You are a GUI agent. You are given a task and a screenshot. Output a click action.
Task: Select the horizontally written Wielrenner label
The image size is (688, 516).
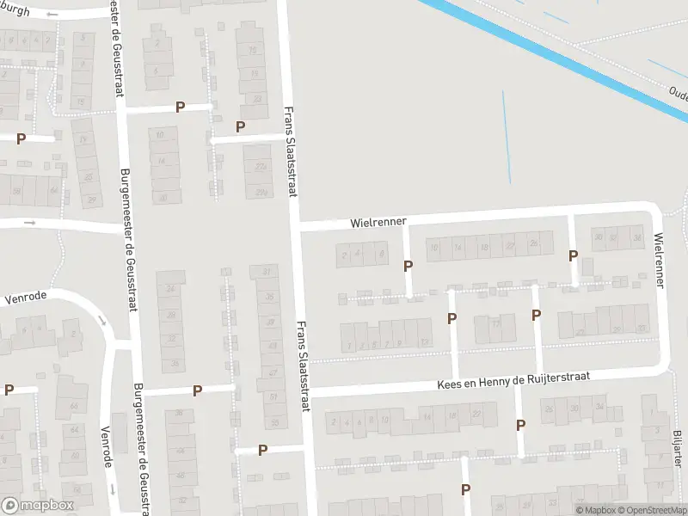(x=378, y=222)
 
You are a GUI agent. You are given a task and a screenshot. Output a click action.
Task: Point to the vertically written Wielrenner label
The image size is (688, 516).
(x=659, y=259)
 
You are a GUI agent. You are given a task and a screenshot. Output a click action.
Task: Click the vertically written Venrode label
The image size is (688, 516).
(x=107, y=446)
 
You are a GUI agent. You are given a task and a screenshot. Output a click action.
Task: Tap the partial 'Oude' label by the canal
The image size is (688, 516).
(x=676, y=90)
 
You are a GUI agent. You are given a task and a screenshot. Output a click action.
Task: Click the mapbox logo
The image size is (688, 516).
(x=38, y=506)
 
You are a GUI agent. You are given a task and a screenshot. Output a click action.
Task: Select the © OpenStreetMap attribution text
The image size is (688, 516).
(x=650, y=510)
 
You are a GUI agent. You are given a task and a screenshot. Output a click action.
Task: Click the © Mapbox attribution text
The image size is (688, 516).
(x=593, y=510)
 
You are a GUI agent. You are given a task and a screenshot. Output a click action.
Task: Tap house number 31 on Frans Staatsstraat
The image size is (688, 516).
(x=266, y=273)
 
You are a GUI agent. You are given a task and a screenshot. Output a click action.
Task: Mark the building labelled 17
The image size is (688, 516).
(x=496, y=324)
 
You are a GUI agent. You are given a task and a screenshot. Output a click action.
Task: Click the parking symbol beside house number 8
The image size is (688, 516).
(x=408, y=267)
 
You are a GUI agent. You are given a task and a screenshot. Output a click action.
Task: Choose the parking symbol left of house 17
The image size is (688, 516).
(x=451, y=319)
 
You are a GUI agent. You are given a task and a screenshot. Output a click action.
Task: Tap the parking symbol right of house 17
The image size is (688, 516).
(x=536, y=315)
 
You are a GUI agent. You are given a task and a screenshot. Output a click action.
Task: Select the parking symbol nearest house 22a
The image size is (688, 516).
(x=241, y=126)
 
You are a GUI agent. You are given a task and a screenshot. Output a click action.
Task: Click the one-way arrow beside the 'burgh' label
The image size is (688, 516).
(x=54, y=15)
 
